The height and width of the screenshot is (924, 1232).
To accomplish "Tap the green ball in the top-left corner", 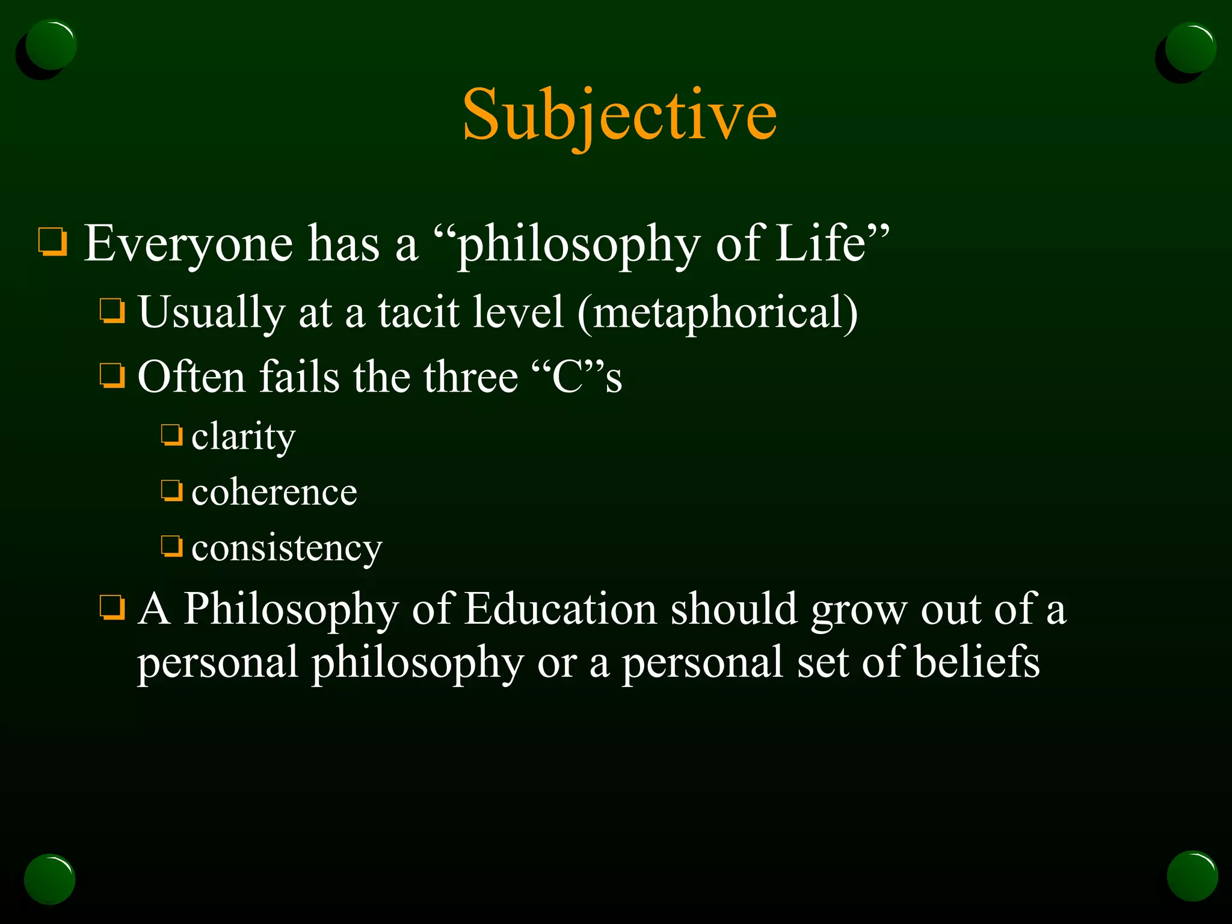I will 51,46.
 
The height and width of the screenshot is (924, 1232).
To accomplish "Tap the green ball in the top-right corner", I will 1190,48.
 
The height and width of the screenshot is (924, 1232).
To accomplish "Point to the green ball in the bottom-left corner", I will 50,879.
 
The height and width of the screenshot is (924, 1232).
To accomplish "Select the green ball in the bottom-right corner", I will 1192,876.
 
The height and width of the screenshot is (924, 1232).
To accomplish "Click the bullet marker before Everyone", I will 53,242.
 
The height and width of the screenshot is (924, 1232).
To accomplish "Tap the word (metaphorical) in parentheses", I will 717,312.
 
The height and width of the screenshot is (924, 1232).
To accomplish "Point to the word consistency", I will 286,548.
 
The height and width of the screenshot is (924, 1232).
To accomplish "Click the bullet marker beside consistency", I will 172,546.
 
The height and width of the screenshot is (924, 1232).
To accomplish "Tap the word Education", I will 560,609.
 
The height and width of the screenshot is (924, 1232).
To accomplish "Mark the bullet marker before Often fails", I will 112,376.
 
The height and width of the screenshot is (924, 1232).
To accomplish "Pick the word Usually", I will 211,312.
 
